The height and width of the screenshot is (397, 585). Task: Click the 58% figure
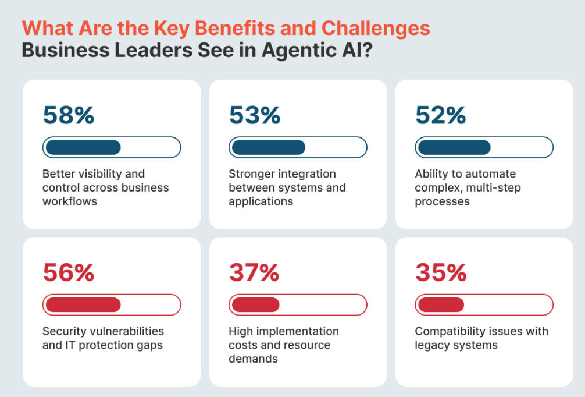coord(68,115)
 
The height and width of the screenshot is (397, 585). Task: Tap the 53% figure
coord(254,115)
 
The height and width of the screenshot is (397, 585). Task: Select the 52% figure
coord(440,115)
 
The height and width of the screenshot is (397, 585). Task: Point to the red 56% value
coord(68,272)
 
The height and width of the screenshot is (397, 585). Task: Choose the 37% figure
coord(254,272)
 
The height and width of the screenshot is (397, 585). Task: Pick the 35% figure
coord(440,272)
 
